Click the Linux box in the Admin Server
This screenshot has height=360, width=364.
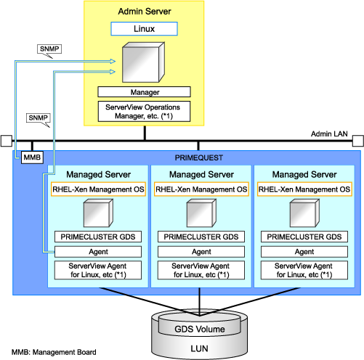click(144, 29)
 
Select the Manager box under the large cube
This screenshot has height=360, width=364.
click(144, 92)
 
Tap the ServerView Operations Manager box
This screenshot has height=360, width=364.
click(144, 111)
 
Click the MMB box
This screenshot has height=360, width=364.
click(32, 157)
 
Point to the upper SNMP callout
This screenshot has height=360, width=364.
click(49, 49)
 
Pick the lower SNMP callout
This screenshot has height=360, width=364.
click(39, 118)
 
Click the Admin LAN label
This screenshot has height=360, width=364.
click(329, 134)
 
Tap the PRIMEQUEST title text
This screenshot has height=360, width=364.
click(199, 157)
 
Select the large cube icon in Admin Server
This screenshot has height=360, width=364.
click(143, 62)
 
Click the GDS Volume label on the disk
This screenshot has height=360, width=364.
click(200, 329)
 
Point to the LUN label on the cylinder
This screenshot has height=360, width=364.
click(199, 348)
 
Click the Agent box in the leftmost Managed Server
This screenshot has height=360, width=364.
click(98, 252)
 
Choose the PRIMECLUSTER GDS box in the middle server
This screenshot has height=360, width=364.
click(201, 237)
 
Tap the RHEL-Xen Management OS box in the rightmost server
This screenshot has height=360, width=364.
click(304, 189)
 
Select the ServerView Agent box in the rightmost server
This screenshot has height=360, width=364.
click(304, 270)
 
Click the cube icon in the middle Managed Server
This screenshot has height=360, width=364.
click(201, 213)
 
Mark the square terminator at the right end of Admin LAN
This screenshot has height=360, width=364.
click(358, 141)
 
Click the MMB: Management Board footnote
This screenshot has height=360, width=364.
click(54, 352)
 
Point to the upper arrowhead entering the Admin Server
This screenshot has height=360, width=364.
click(113, 61)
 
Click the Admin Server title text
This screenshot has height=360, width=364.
click(145, 12)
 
